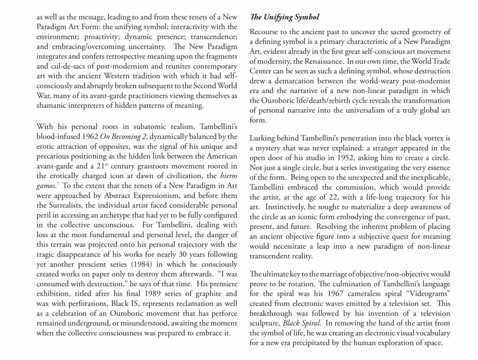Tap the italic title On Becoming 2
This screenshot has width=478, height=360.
coord(121,136)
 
